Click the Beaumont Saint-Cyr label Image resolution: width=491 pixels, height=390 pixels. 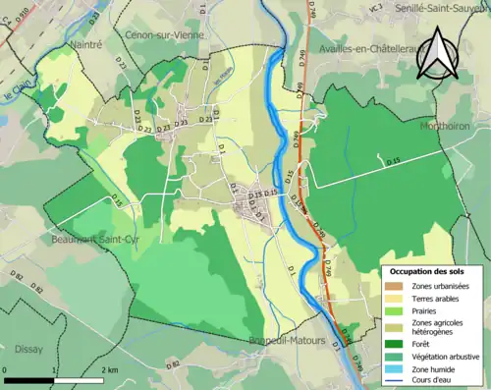(89, 239)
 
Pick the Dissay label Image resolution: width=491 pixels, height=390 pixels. (30, 348)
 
